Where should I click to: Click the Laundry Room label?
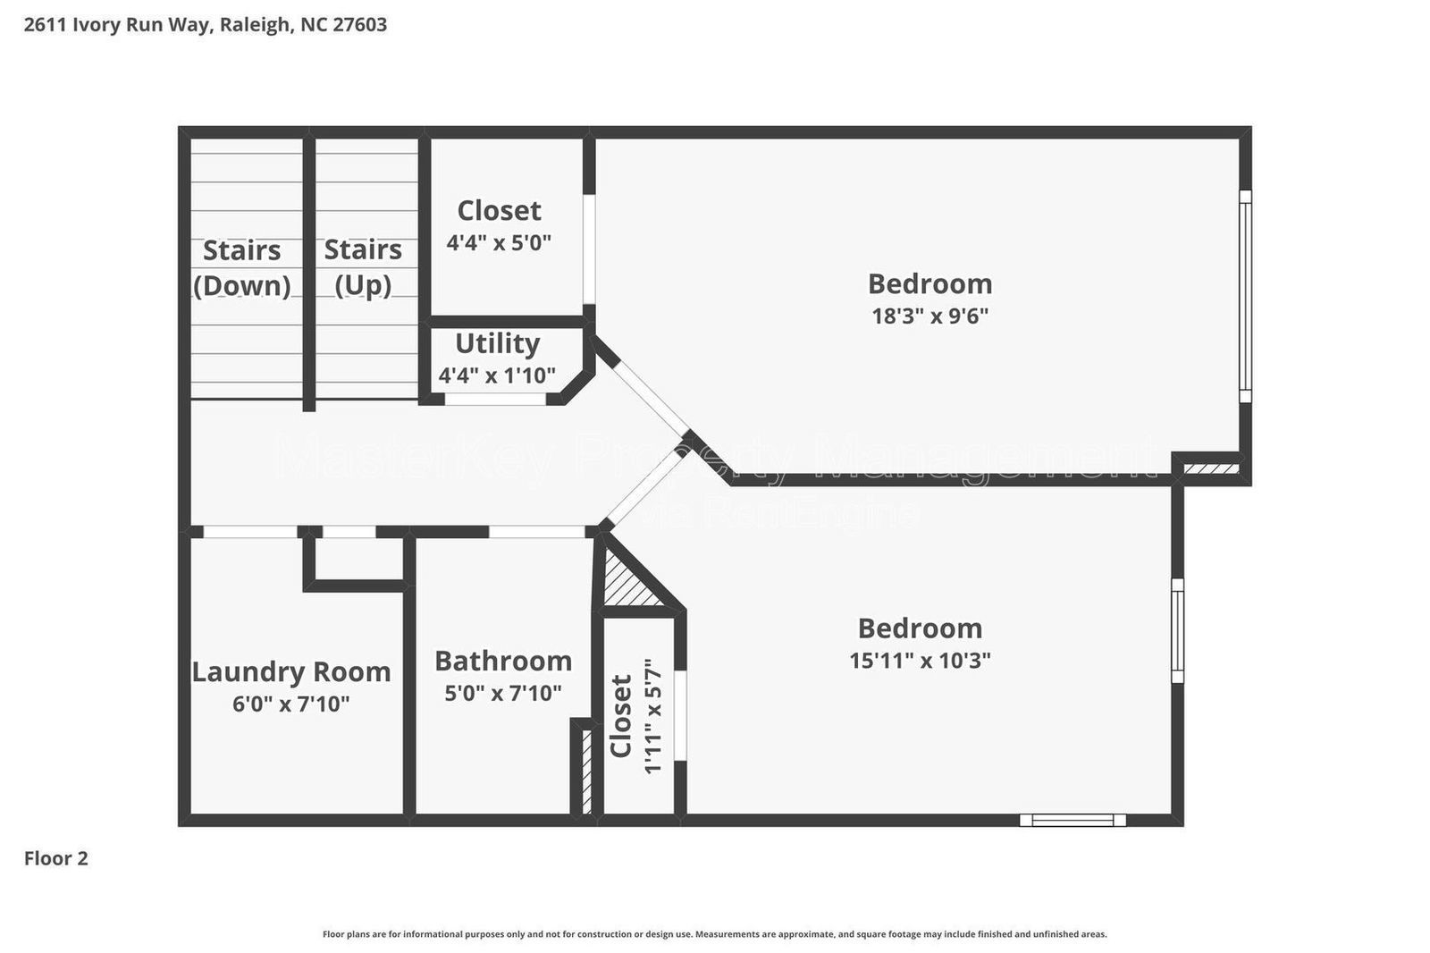coord(291,671)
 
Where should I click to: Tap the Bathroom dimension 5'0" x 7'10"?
coord(503,693)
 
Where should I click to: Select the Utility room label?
coord(497,343)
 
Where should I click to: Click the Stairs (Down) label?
coord(241,267)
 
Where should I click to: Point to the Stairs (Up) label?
coord(363,266)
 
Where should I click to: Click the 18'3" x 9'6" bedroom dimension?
coord(929,316)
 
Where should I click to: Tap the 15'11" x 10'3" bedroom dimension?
coord(920,661)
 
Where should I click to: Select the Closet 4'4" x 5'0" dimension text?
coord(499,242)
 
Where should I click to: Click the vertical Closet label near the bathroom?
coord(621,716)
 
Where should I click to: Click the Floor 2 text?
coord(55,858)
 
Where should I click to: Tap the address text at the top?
coord(206,24)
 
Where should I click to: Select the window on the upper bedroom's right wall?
coord(1245,296)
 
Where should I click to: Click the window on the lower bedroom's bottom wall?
coord(1072,820)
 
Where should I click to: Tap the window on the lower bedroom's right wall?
coord(1177,630)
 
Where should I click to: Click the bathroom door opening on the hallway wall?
coord(536,532)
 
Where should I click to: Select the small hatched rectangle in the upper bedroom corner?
coord(1211,468)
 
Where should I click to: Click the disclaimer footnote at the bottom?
coord(714,934)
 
